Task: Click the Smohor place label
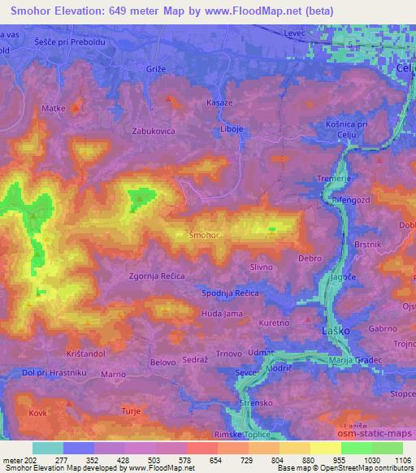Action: [x=203, y=235]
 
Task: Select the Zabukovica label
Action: [x=154, y=130]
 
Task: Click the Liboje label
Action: [x=232, y=129]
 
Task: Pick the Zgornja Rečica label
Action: [x=162, y=276]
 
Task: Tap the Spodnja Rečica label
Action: [x=229, y=293]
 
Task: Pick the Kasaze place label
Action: [x=219, y=103]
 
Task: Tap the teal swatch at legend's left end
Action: [x=48, y=448]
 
